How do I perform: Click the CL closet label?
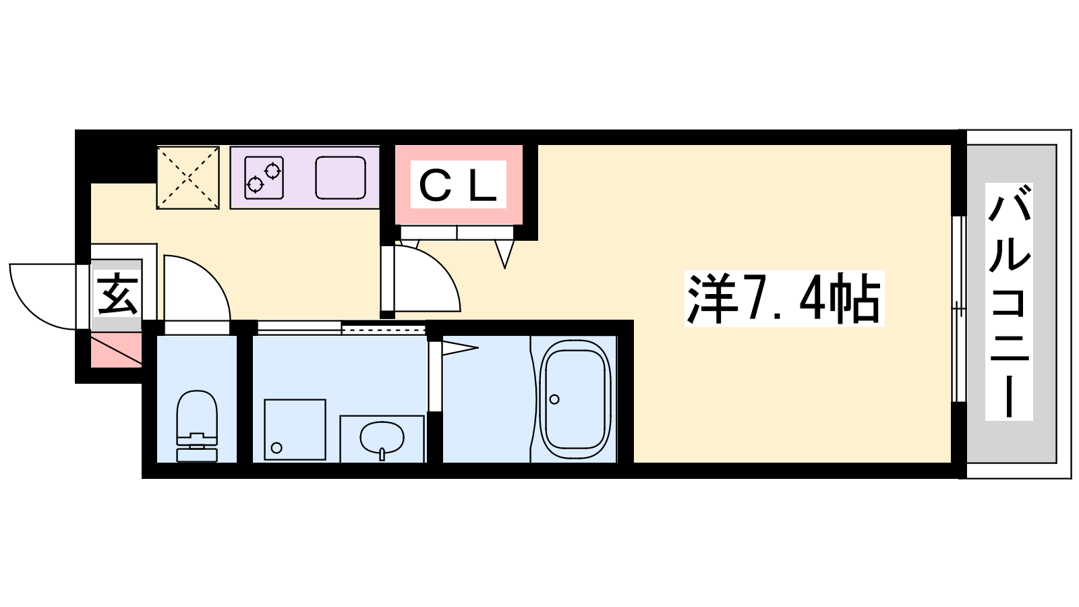coord(458,185)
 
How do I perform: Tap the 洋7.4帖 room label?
coord(784,299)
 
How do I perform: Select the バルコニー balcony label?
coord(1009,301)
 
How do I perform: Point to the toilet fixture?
coord(196,426)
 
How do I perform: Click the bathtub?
coord(575,399)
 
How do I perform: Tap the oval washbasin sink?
coord(382,438)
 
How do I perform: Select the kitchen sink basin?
coord(341,177)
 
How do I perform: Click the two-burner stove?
coord(264,177)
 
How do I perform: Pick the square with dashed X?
coord(188,177)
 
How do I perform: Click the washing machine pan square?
coord(295,429)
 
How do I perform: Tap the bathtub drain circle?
coord(554,399)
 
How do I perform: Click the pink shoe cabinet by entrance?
coord(116,349)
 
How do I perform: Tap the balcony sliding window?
coord(959,308)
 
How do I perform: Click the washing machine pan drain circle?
coord(276,448)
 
